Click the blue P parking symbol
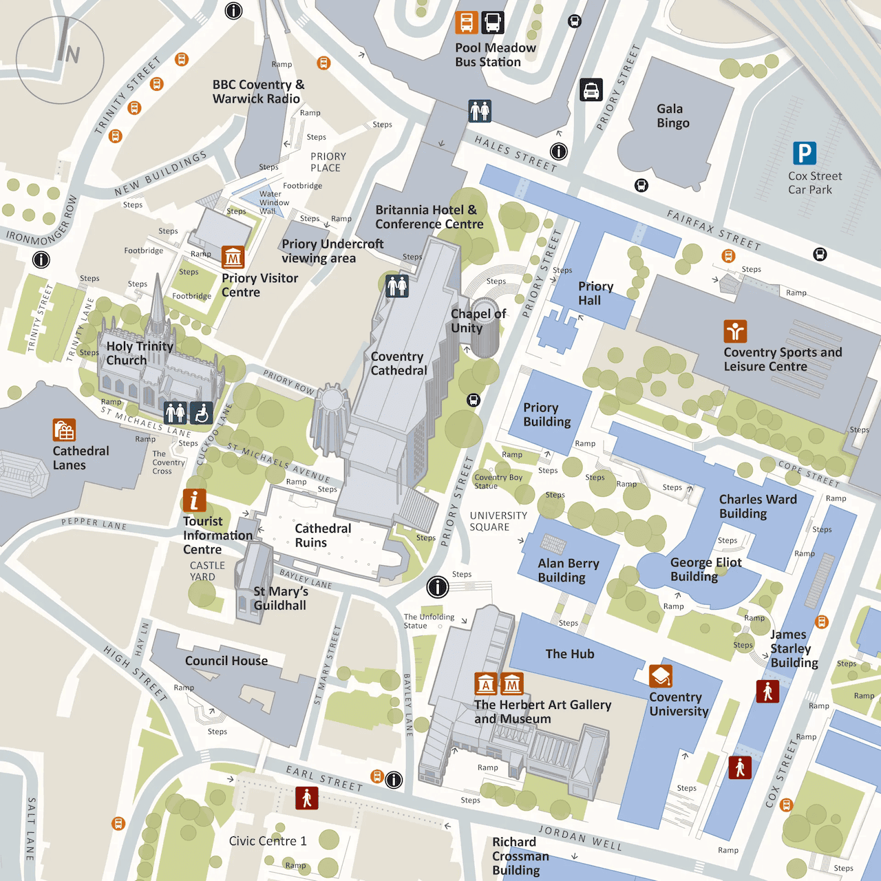tap(804, 153)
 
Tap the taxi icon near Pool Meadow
tap(591, 90)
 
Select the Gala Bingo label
tap(672, 116)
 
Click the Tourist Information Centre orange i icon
tap(194, 500)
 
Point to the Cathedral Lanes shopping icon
tap(64, 430)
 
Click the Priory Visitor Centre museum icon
tap(233, 257)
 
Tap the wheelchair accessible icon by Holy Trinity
tap(201, 413)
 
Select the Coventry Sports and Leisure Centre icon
tap(735, 332)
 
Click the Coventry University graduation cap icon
tap(661, 676)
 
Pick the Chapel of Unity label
tap(478, 321)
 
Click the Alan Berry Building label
tap(568, 571)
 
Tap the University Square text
tap(498, 521)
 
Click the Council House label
tap(226, 661)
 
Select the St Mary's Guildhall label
tap(279, 598)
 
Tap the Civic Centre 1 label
tap(268, 841)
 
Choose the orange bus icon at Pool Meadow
tap(466, 23)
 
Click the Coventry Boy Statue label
tap(498, 481)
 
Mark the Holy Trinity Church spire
tap(158, 296)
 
